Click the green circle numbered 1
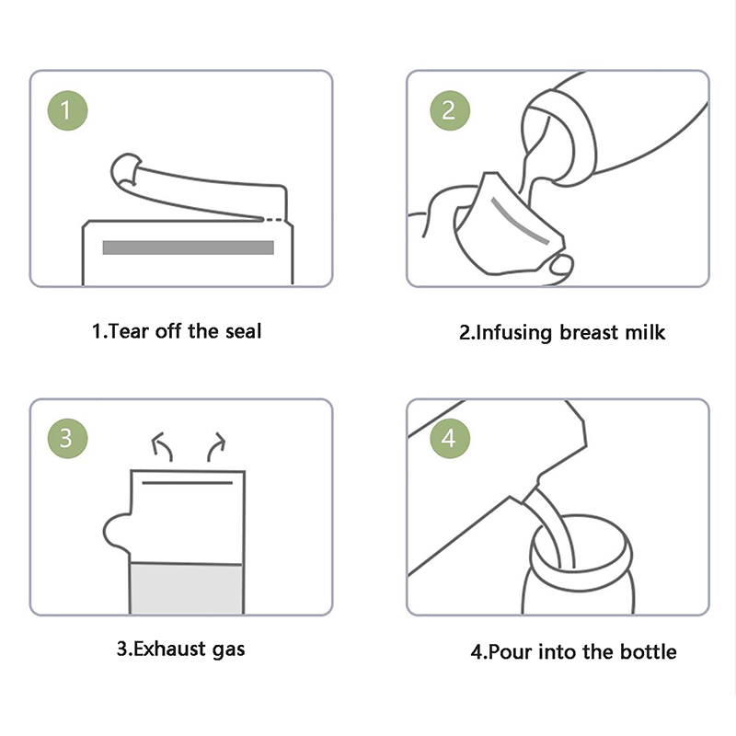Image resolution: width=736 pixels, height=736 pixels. pos(67,110)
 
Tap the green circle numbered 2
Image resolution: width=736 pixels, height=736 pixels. pos(450,110)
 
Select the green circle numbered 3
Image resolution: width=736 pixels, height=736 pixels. pos(67,439)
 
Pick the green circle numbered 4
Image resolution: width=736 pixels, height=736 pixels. pos(450,439)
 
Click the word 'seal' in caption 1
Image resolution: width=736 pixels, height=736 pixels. pos(243,331)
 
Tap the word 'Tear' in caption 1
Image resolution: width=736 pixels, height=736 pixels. pos(128,331)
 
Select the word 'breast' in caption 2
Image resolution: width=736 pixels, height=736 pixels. pos(589,332)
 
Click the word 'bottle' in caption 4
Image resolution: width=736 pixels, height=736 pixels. pos(649,651)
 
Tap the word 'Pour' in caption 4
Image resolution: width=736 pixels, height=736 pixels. pos(510,651)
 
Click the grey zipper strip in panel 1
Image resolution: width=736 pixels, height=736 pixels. pos(189,247)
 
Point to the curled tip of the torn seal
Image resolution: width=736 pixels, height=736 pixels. pos(125,169)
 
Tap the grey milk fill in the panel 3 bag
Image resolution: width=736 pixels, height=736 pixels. pos(187,588)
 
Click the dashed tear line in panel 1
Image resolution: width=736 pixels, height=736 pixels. pos(274,219)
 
